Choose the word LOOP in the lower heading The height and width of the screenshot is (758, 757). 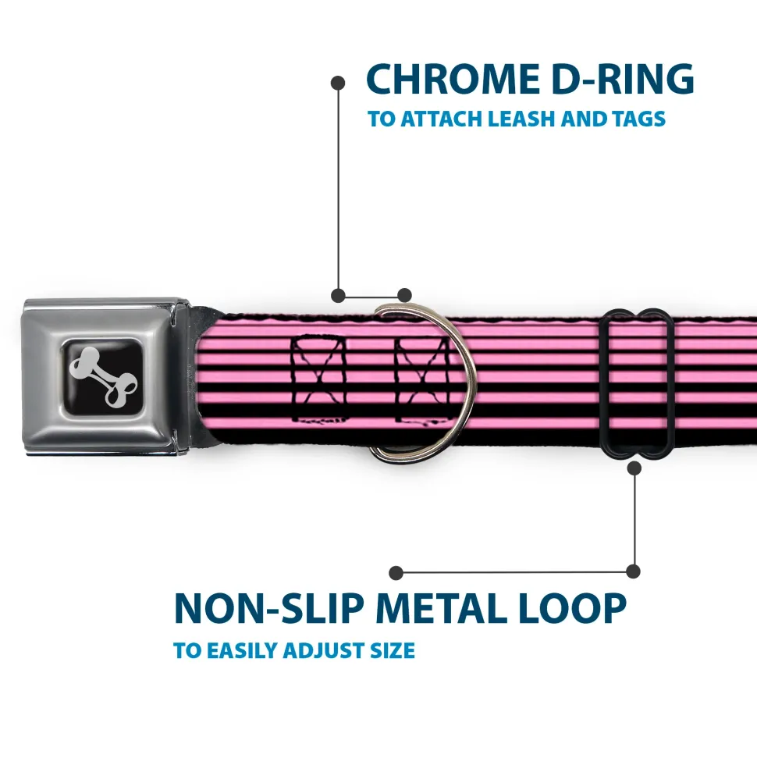coord(576,610)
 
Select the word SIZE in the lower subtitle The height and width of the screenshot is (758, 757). coord(389,650)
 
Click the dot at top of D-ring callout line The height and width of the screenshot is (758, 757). coord(338,81)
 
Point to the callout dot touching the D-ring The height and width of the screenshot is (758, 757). coord(404,295)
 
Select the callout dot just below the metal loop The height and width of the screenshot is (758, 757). coord(634,468)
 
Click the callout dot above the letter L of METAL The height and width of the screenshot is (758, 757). coord(397,572)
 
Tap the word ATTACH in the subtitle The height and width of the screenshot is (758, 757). coord(442,119)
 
